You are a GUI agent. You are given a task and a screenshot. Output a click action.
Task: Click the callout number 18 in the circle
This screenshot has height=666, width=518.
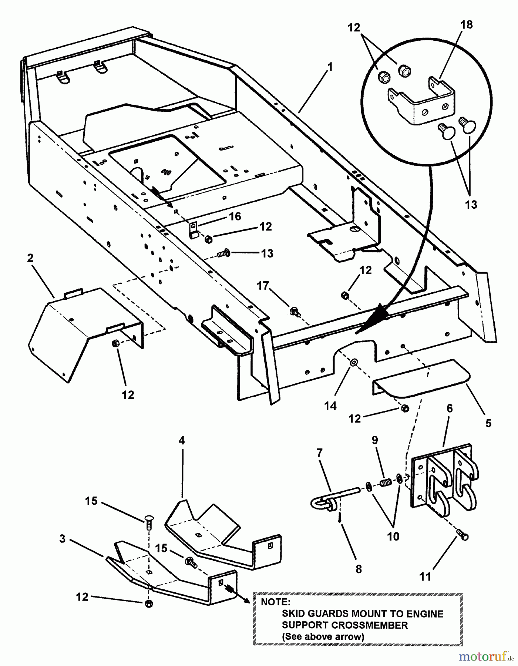pyautogui.click(x=467, y=25)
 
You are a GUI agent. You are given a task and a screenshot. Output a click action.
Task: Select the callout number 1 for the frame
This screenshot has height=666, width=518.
pyautogui.click(x=330, y=67)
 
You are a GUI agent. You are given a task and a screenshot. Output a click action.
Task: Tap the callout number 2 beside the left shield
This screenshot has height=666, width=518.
pyautogui.click(x=30, y=258)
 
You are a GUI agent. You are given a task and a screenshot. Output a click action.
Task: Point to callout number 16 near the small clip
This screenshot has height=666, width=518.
pyautogui.click(x=235, y=216)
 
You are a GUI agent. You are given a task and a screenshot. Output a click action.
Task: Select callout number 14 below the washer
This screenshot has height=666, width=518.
pyautogui.click(x=330, y=406)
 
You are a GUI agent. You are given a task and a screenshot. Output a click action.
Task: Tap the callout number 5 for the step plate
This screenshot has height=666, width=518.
pyautogui.click(x=488, y=423)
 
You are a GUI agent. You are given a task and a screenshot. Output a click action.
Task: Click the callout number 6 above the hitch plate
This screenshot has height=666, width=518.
pyautogui.click(x=450, y=408)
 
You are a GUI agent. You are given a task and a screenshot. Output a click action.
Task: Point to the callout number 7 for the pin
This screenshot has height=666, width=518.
pyautogui.click(x=319, y=453)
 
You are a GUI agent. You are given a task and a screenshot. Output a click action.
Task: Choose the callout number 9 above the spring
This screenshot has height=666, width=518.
pyautogui.click(x=375, y=440)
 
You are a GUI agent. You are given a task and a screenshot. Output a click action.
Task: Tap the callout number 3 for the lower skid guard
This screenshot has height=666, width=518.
pyautogui.click(x=62, y=539)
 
